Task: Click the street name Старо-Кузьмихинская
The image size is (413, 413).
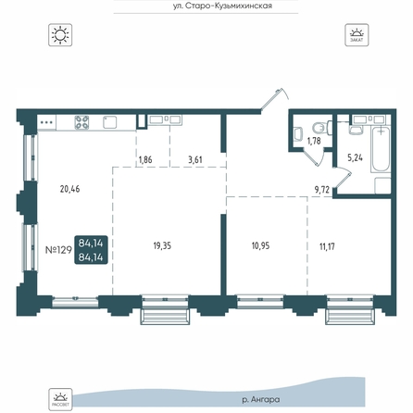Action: click(222, 6)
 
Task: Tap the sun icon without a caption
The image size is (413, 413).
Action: click(60, 35)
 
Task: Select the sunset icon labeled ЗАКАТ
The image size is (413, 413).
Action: click(357, 35)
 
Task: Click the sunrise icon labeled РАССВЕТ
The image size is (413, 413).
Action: click(60, 399)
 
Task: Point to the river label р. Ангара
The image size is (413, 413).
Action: click(261, 400)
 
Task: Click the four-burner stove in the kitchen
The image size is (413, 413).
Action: click(81, 122)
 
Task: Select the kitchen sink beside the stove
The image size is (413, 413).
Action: click(109, 122)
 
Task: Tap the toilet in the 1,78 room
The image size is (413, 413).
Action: click(321, 127)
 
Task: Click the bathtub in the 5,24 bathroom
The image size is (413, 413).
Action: click(381, 149)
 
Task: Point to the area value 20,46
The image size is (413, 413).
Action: click(69, 189)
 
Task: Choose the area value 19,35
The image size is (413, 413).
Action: click(162, 246)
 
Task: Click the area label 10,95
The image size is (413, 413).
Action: click(260, 245)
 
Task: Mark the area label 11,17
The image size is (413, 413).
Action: click(327, 246)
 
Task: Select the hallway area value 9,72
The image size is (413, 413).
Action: click(322, 190)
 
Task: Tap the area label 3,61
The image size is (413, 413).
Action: click(195, 159)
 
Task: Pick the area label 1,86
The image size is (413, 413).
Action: click(145, 160)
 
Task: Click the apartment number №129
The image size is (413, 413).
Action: click(58, 250)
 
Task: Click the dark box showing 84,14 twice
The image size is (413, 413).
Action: click(91, 250)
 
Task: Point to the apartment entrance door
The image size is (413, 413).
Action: click(271, 99)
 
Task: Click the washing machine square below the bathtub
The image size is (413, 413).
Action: click(382, 186)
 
